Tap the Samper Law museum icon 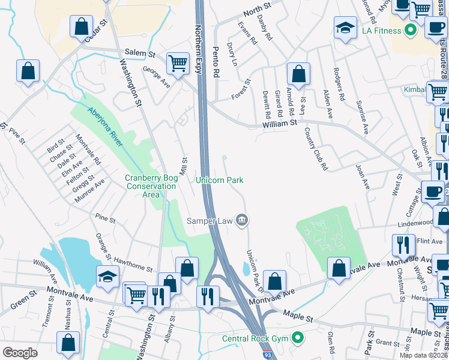[x=242, y=220]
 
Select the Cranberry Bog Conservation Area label [x=151, y=186]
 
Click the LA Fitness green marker [x=411, y=29]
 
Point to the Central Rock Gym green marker [x=296, y=338]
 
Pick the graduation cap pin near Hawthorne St [x=107, y=276]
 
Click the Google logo [x=20, y=353]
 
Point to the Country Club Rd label [x=316, y=148]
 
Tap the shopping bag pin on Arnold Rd [x=298, y=74]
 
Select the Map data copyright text [x=424, y=355]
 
